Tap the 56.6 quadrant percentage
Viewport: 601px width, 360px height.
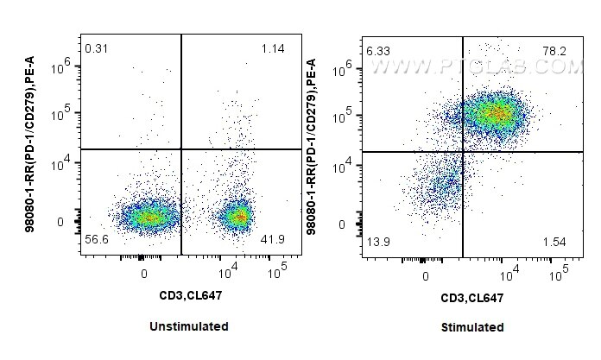(x=98, y=238)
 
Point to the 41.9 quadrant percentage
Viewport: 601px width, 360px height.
(x=272, y=238)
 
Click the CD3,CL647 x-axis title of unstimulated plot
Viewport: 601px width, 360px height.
(x=187, y=297)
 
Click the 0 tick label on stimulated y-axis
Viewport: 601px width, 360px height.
(x=343, y=224)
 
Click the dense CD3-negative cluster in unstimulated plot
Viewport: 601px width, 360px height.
(x=149, y=217)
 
